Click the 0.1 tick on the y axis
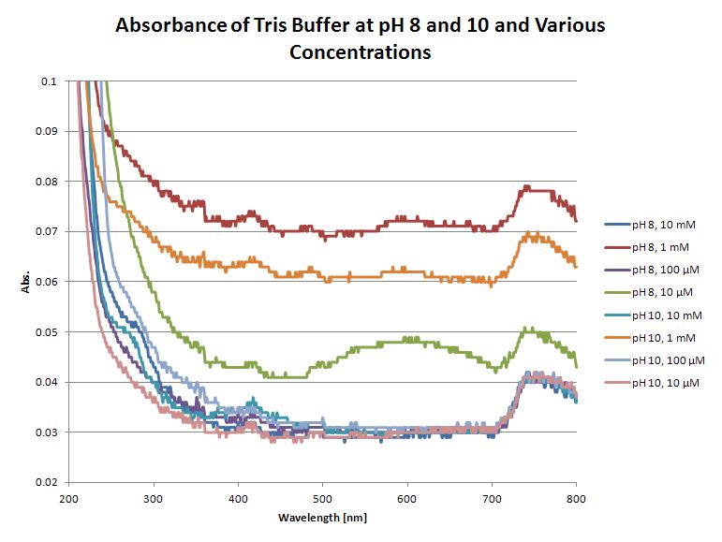(50, 81)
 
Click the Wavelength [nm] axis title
(322, 517)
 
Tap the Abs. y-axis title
(27, 282)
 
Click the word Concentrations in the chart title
(360, 52)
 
